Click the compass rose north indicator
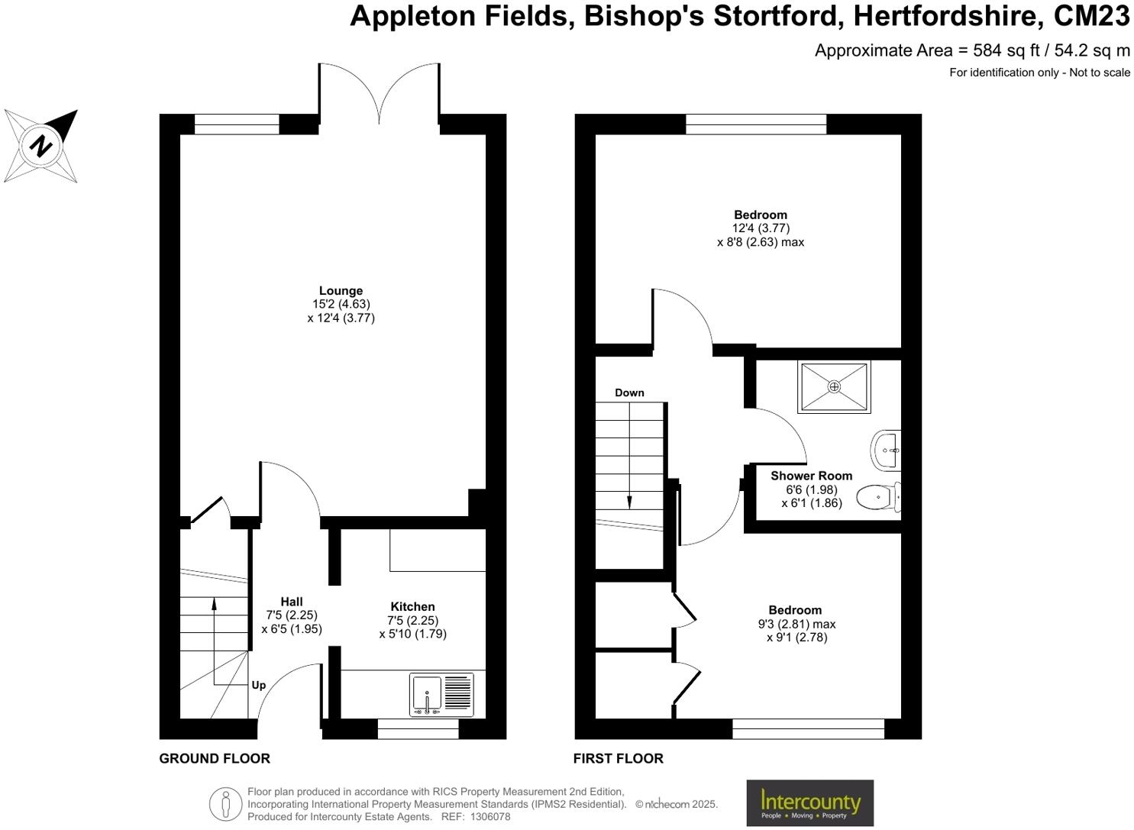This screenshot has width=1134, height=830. [40, 147]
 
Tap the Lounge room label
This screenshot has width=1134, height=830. [341, 291]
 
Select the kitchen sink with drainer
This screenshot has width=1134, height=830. [441, 694]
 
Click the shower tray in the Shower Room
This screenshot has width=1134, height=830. [834, 387]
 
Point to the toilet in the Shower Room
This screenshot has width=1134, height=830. [878, 496]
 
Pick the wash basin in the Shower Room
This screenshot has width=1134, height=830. [886, 450]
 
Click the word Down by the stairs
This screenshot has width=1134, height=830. [629, 392]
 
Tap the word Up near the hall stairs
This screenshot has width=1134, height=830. [259, 686]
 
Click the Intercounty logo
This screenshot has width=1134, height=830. [810, 803]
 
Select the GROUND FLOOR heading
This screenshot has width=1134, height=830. [215, 758]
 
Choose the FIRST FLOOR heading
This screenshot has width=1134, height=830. [618, 758]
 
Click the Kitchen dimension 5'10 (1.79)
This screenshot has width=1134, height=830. [412, 634]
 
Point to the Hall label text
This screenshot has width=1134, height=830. [292, 602]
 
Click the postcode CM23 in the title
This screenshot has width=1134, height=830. [1091, 16]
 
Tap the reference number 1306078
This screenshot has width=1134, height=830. [490, 816]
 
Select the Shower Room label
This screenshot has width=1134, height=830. [812, 476]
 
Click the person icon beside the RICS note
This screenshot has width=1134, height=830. [226, 804]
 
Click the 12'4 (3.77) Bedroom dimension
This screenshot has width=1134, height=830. [761, 228]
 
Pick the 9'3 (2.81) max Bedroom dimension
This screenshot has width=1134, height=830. [796, 624]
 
